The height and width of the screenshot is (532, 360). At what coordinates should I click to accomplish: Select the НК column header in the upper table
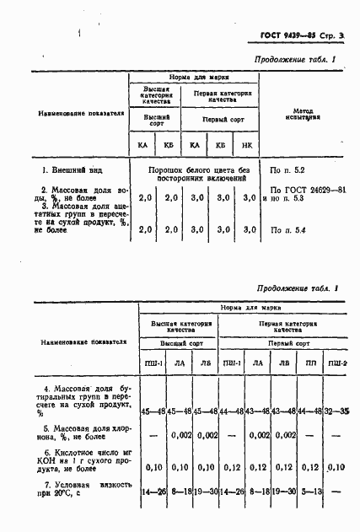tap(246, 145)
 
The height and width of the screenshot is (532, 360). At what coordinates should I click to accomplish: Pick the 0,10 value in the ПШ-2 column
tap(337, 466)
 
